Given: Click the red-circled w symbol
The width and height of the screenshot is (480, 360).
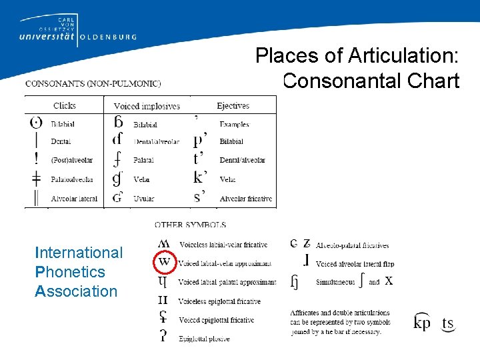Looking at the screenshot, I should (x=164, y=262).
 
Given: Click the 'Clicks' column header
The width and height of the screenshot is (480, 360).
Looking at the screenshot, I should (x=65, y=105).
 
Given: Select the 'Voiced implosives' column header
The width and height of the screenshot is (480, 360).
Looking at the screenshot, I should (x=147, y=106).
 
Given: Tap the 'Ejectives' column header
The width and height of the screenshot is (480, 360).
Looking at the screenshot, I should (x=233, y=105).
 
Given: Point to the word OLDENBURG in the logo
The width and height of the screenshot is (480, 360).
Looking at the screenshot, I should (x=109, y=37).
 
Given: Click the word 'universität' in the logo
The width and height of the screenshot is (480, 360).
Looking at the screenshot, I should (x=43, y=38).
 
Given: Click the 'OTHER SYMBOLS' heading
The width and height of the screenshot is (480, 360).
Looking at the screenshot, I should (x=190, y=225).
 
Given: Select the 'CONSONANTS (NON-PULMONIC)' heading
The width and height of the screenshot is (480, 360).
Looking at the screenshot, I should (x=93, y=83).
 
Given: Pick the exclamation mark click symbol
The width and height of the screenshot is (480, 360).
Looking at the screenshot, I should (x=35, y=160).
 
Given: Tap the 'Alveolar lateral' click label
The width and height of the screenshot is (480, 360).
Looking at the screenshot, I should (x=74, y=198).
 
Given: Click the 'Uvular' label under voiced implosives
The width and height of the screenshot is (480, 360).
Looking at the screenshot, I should (x=143, y=198).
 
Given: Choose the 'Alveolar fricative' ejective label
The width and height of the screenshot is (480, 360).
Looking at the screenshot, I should (x=246, y=198).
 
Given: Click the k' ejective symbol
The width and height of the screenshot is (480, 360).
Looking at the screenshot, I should (x=200, y=178).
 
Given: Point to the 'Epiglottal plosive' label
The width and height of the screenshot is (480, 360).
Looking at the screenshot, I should (x=204, y=339).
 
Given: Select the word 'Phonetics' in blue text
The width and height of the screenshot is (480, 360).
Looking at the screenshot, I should (x=70, y=272).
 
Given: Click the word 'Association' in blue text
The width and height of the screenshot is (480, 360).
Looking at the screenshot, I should (x=76, y=291).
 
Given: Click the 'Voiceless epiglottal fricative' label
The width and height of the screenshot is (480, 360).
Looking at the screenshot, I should (x=219, y=301).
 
